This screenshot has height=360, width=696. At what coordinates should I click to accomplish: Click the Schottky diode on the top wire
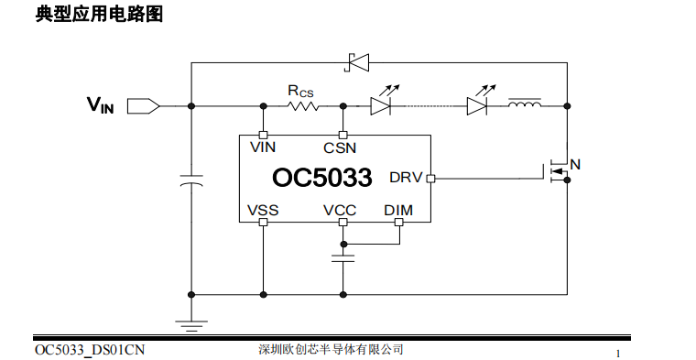[355, 62]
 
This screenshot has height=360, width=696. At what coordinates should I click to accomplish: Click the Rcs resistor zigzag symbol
[303, 106]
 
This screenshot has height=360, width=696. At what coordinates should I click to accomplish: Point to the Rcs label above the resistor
[300, 90]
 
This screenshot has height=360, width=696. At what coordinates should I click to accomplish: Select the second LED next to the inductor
[477, 105]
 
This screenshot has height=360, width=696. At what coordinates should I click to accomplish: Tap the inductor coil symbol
[524, 104]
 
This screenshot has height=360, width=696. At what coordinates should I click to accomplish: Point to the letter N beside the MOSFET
[575, 165]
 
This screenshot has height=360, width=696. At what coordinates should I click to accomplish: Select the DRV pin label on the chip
[406, 178]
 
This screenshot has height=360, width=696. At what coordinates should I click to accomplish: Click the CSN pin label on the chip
[340, 147]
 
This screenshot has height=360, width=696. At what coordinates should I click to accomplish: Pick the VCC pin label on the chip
[340, 210]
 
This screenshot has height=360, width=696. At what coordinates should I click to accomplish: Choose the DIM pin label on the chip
[398, 210]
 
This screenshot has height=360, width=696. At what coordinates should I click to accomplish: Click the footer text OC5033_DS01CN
[90, 350]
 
